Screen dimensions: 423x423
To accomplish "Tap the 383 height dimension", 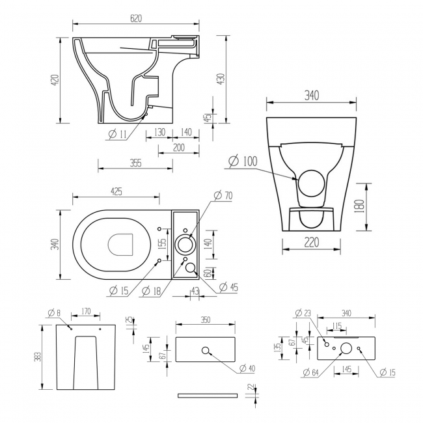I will click(x=38, y=357).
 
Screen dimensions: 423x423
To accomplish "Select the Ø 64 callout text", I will click(x=311, y=373).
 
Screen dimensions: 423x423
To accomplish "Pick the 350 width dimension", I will click(x=206, y=320).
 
